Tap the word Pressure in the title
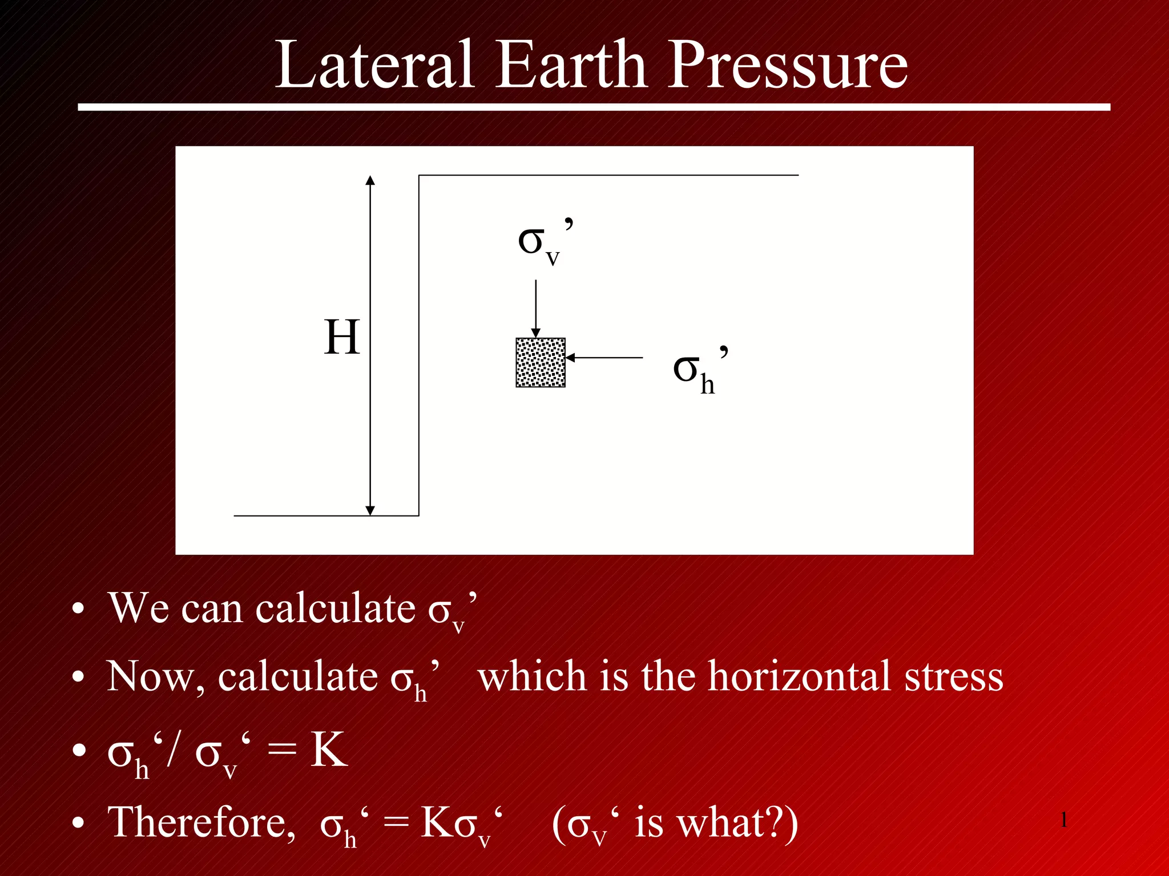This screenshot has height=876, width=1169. [788, 66]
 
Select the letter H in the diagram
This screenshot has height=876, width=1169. [342, 338]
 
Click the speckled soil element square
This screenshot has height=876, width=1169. [541, 363]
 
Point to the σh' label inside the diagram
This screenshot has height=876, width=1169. [699, 371]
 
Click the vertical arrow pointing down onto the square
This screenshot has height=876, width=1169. [535, 308]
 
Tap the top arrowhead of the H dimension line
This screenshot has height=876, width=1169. [370, 181]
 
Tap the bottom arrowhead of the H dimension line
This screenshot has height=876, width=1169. [370, 510]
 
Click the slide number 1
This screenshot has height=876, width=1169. [1064, 820]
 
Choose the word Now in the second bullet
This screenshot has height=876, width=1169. [151, 677]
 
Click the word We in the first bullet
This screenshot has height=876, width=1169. [139, 608]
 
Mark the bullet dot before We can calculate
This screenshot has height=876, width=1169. [78, 610]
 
